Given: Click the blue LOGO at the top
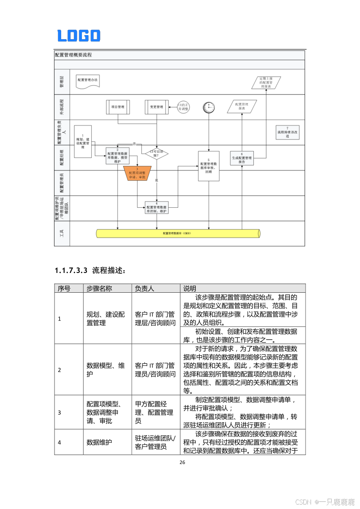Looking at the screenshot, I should [79, 36].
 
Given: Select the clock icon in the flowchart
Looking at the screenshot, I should [209, 107].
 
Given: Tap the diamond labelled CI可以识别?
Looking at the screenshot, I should [156, 153].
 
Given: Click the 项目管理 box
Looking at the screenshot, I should [118, 107].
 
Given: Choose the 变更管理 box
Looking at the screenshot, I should [156, 107].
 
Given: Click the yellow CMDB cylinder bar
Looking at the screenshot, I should [178, 233].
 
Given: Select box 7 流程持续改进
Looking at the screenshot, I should [287, 133].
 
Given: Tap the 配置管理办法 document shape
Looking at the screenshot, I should [87, 80].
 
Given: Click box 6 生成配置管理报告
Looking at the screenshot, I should [242, 158].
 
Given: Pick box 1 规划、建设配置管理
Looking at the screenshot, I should [83, 141].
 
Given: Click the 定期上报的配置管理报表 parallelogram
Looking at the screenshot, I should [265, 82].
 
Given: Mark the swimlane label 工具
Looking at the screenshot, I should [62, 233].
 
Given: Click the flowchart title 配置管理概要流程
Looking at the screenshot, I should [73, 55].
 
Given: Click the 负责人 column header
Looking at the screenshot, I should [145, 288].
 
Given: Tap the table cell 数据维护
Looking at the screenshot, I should [98, 442].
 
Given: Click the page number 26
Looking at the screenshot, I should [182, 463].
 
